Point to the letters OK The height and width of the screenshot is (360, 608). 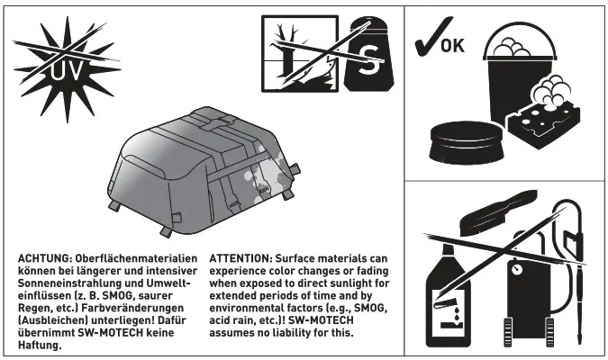tap(453, 44)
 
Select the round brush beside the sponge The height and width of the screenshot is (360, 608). tap(467, 142)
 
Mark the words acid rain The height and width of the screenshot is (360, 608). tap(233, 319)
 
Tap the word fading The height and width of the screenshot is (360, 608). tap(372, 270)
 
